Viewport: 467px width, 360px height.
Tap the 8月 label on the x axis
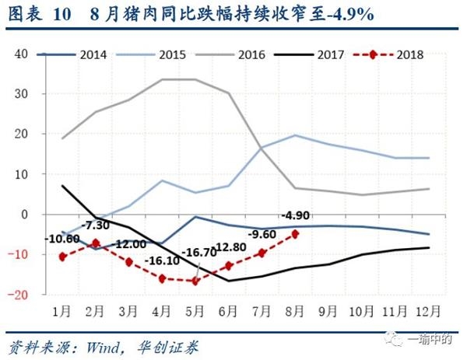click(x=295, y=309)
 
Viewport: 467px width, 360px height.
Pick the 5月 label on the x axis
click(x=195, y=309)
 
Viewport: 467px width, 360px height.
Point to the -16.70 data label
click(x=220, y=252)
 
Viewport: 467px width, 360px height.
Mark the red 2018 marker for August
click(x=295, y=233)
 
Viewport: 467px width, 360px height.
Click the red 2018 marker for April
click(x=162, y=278)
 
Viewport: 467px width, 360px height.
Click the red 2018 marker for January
click(x=63, y=256)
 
